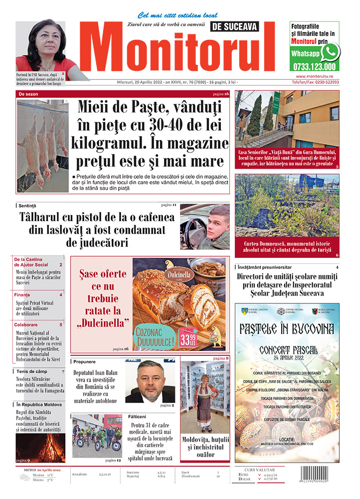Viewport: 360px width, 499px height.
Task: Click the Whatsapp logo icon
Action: pos(330,52)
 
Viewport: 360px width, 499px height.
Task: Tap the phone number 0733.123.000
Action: pos(315,67)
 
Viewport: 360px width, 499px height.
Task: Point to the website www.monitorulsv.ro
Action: pos(314,76)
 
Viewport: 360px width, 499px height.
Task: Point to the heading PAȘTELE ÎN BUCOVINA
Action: pos(287,330)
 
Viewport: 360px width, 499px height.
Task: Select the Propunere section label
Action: pos(84,361)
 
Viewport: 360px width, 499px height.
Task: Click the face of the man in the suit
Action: pos(148,377)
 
